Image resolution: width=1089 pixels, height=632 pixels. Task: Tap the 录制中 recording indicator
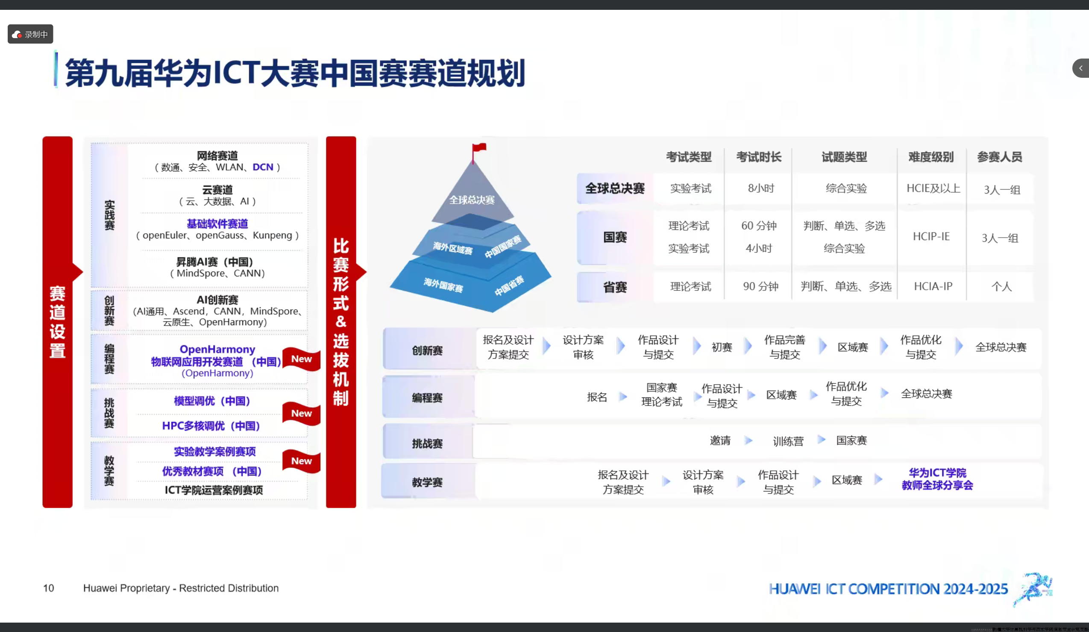tap(30, 34)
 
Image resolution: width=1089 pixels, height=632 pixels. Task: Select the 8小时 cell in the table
tap(761, 188)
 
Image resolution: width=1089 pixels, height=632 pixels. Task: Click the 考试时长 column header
tap(759, 157)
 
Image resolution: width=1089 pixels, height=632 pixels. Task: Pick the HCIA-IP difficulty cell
tap(933, 286)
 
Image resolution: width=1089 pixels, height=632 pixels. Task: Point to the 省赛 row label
tap(614, 287)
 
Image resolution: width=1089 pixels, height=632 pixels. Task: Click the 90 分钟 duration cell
tap(760, 286)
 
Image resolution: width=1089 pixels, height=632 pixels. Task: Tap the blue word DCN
tap(263, 168)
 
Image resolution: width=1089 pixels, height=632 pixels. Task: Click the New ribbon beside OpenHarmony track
tap(301, 359)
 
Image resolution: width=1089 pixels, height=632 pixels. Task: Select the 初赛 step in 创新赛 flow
tap(722, 347)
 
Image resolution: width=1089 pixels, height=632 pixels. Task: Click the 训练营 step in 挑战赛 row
tap(788, 441)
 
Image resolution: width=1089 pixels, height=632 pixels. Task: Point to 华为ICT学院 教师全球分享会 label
tap(937, 479)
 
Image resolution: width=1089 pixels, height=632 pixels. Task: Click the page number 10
tap(48, 588)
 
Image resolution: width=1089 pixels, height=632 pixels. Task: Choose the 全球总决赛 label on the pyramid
tap(472, 200)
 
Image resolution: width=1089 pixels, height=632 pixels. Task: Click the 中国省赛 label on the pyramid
tap(509, 285)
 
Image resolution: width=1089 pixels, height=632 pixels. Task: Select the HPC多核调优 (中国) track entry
tap(211, 426)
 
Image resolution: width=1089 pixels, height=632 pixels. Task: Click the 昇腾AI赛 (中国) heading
tap(214, 262)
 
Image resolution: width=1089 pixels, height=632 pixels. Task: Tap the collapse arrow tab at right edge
tap(1081, 68)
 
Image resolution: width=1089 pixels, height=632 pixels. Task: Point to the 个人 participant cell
tap(1001, 287)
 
